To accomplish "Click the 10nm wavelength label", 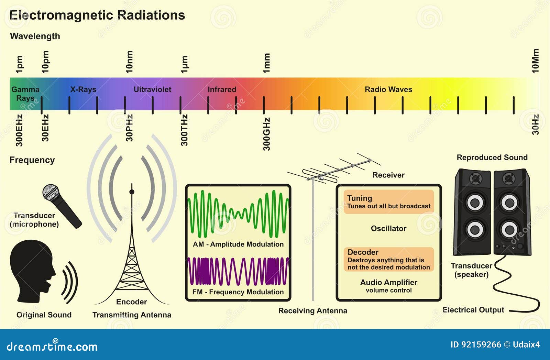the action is pyautogui.click(x=129, y=62).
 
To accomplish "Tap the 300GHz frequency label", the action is pyautogui.click(x=266, y=134).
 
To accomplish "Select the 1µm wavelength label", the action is pyautogui.click(x=184, y=64).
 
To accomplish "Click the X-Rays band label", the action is pyautogui.click(x=83, y=89).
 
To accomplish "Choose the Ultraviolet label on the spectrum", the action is pyautogui.click(x=152, y=89).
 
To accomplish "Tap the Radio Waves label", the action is pyautogui.click(x=388, y=89).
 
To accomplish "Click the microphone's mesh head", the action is pyautogui.click(x=51, y=192).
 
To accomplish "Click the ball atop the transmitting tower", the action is pyautogui.click(x=132, y=192).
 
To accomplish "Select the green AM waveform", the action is pyautogui.click(x=238, y=214).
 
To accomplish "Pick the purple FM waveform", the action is pyautogui.click(x=238, y=271).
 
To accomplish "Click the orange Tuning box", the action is pyautogui.click(x=388, y=201).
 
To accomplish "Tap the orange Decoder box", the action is pyautogui.click(x=388, y=259).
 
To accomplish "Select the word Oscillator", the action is pyautogui.click(x=388, y=228).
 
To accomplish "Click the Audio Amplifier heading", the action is pyautogui.click(x=389, y=282).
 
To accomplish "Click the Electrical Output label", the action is pyautogui.click(x=473, y=310).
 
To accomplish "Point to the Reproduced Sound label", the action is pyautogui.click(x=492, y=157).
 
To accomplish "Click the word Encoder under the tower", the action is pyautogui.click(x=131, y=302).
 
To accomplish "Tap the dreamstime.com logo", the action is pyautogui.click(x=52, y=346).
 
